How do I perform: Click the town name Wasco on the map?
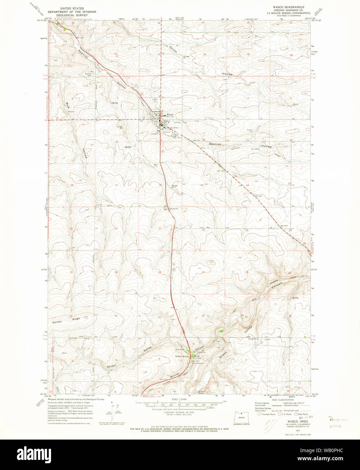tap(170, 115)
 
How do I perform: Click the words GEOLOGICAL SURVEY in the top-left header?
tap(72, 15)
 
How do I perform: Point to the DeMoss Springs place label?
tap(182, 356)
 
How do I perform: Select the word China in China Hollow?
tap(173, 49)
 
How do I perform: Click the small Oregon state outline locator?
tap(241, 418)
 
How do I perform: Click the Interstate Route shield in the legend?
tap(259, 414)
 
